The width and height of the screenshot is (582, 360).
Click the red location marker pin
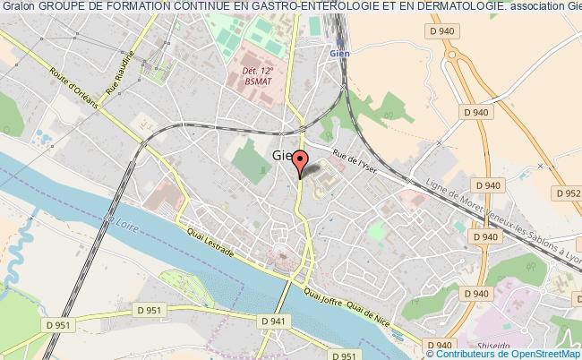point(301,161)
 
